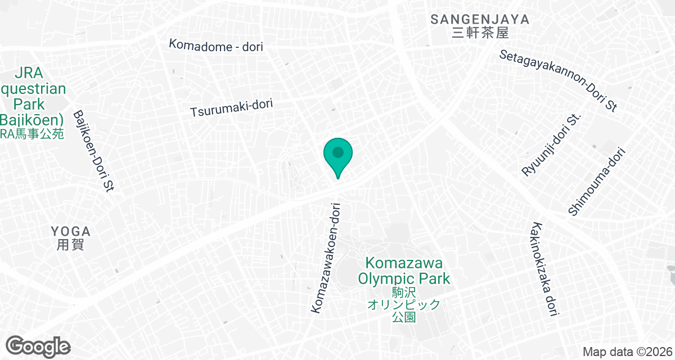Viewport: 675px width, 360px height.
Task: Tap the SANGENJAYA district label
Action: tap(480, 19)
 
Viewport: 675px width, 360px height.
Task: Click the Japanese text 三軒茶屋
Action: tap(480, 33)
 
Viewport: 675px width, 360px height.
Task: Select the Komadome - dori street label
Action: tap(216, 46)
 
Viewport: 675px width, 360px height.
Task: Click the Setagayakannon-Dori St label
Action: tap(559, 80)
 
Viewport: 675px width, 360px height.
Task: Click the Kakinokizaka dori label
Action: tap(543, 269)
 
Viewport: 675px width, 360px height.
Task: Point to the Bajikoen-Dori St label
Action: tap(94, 151)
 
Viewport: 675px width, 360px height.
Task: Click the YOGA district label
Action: tap(70, 232)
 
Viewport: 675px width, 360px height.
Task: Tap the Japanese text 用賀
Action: tap(70, 245)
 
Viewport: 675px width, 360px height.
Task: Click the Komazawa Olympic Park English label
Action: tap(404, 271)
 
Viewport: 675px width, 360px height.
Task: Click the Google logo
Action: tap(38, 346)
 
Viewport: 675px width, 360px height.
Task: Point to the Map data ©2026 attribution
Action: tap(628, 352)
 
